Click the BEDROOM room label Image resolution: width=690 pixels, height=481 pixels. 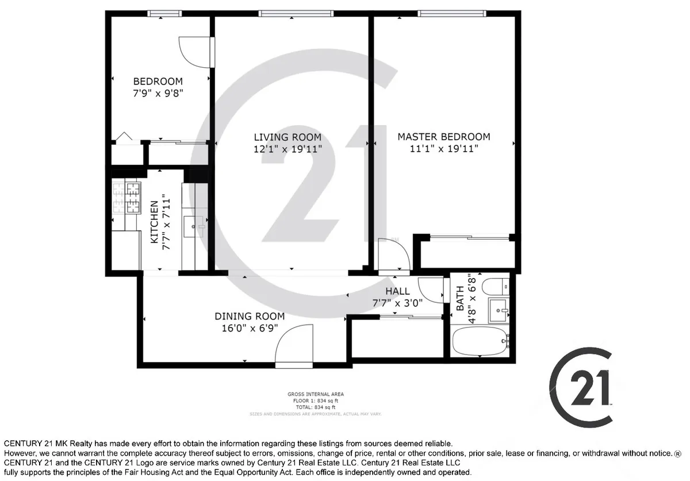(x=158, y=82)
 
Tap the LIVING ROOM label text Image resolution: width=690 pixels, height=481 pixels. (x=287, y=137)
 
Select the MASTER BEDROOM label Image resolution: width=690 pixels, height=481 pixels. (x=444, y=137)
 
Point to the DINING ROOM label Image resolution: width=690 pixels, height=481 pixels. (x=250, y=316)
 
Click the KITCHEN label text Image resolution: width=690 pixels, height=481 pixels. (x=154, y=222)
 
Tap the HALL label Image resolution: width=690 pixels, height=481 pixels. (x=397, y=291)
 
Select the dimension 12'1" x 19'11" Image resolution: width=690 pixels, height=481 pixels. (x=287, y=149)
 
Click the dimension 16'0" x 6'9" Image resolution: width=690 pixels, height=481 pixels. (x=250, y=328)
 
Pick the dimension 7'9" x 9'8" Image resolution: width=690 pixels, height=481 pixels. (x=158, y=93)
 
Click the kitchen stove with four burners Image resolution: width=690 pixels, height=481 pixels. (x=126, y=197)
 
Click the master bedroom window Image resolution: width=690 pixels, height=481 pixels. (x=451, y=13)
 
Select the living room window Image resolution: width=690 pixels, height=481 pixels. (x=296, y=13)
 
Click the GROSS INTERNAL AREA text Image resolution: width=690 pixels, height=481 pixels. (x=316, y=394)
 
